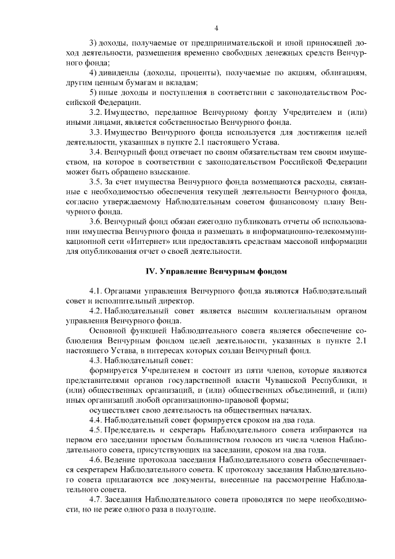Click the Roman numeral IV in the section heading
coord(150,271)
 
